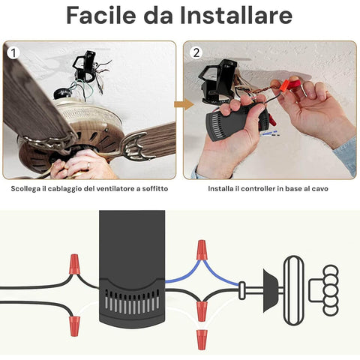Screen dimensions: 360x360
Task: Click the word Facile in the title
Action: tap(101, 16)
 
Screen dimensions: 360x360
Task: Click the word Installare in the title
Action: tap(236, 16)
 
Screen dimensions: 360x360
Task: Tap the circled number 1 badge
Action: tap(13, 52)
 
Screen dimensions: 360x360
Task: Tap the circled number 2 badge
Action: tap(196, 52)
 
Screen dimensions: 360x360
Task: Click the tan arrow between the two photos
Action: tap(184, 104)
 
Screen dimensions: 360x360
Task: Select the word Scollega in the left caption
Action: tap(25, 189)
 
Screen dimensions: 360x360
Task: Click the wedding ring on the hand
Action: tap(88, 165)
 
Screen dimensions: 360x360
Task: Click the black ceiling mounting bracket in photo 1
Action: tap(85, 65)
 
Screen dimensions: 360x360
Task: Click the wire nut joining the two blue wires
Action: tap(202, 250)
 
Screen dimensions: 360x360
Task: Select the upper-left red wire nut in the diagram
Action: tap(74, 264)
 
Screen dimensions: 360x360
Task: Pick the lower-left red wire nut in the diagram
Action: tap(74, 326)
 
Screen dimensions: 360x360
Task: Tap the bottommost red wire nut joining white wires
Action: tap(202, 339)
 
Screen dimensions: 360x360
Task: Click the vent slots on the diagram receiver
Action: tap(132, 301)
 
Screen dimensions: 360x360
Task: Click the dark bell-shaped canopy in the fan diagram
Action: tap(270, 290)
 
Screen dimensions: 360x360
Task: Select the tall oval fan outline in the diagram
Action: tap(294, 290)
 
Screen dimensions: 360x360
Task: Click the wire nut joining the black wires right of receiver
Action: tap(202, 311)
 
